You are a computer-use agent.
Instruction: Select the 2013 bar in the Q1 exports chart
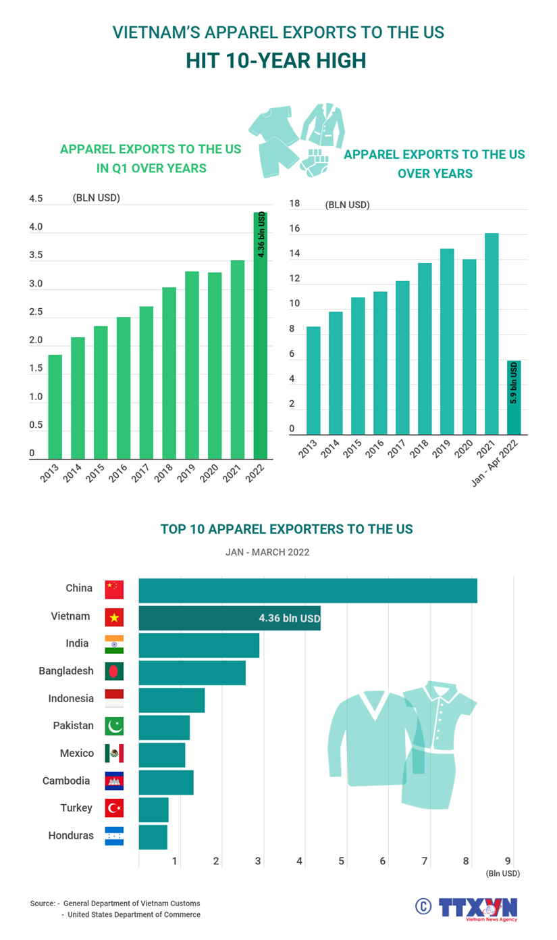point(55,407)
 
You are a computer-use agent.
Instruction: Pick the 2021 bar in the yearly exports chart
point(492,334)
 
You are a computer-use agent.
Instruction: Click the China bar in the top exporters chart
point(308,591)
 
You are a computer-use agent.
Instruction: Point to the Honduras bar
point(153,837)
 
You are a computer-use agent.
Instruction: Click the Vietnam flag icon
point(114,617)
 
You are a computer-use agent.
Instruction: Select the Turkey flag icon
point(114,808)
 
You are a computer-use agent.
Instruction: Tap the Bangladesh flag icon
point(114,671)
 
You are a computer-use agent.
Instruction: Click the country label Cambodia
point(66,781)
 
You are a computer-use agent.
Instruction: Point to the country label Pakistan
point(73,725)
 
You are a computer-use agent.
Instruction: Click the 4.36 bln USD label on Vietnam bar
point(289,618)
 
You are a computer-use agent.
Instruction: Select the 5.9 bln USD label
point(514,383)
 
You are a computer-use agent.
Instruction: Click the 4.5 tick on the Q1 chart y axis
point(36,199)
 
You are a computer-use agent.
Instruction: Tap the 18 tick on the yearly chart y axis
point(294,203)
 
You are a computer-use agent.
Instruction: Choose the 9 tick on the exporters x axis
point(508,861)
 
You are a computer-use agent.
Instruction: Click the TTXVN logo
point(477,908)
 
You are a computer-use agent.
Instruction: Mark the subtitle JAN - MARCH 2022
point(267,552)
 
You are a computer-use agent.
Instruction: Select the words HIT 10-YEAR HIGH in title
point(276,61)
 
